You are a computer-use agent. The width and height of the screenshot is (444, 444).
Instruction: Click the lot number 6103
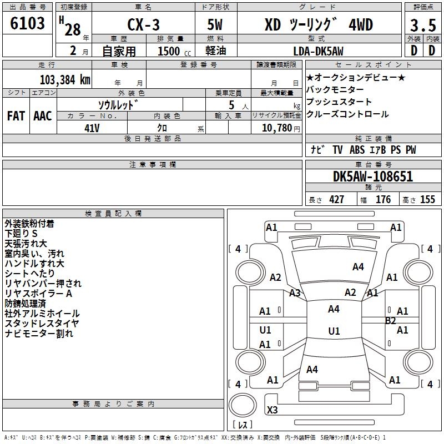point(27,23)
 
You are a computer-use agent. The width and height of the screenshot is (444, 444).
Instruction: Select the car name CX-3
point(143,24)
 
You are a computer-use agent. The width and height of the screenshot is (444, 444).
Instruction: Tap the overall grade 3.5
point(423,25)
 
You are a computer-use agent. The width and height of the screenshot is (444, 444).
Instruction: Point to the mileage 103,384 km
point(65,80)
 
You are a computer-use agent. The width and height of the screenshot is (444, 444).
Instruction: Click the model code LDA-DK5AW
point(318,51)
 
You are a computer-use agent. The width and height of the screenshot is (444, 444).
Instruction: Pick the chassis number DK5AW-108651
point(373,176)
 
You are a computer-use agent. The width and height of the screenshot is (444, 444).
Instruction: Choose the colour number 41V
point(92,128)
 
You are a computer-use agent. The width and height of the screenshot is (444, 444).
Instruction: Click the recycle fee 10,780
point(277,128)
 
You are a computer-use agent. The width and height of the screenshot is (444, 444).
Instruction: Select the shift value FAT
point(16,116)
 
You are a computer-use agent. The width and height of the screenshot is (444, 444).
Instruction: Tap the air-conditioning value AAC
point(43,116)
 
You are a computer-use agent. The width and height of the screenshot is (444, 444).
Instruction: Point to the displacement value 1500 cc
point(174,51)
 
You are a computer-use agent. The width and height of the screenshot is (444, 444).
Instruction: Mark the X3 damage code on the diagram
point(273,410)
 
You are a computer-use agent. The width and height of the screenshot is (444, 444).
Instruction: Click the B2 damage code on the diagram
point(391,321)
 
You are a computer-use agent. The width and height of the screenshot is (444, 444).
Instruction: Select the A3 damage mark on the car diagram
point(295,293)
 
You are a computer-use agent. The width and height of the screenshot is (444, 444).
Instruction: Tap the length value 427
point(337,199)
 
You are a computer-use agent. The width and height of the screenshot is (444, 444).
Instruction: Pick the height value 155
point(427,199)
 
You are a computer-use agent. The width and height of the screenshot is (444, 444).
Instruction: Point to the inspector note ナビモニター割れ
point(39,334)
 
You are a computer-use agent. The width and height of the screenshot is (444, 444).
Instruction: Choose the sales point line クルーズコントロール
point(347,114)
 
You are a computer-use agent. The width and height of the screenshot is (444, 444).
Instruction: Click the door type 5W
point(215,24)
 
